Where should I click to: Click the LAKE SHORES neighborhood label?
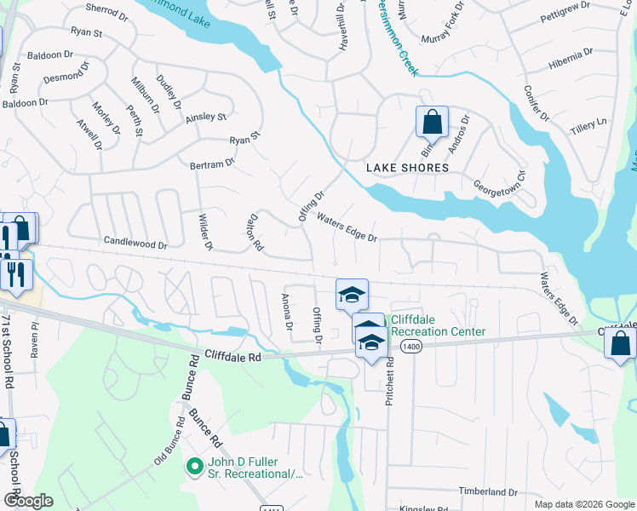point(407,168)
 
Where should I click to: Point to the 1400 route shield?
point(411,346)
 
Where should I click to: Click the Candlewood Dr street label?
point(135,243)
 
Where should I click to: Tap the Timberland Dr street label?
point(489,491)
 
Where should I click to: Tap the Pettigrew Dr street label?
point(565,18)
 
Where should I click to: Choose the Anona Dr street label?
point(287,313)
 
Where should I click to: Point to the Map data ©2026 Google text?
point(583,504)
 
